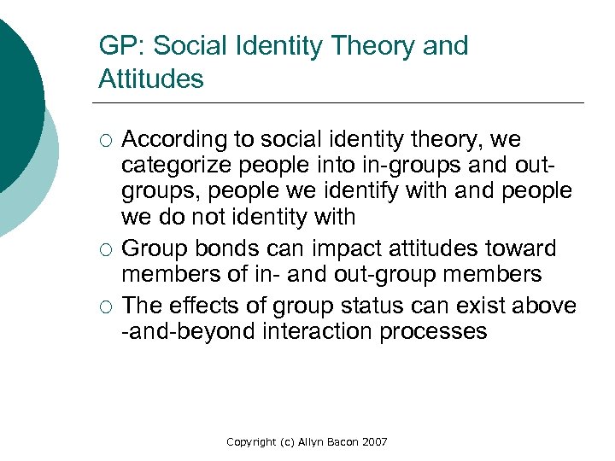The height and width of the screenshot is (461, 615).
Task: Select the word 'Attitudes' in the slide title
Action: pos(151,79)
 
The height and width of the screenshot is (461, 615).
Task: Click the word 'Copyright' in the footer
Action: pos(251,442)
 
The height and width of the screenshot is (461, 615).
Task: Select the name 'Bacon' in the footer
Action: pos(336,442)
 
